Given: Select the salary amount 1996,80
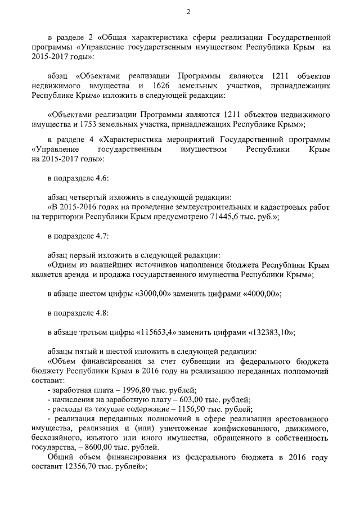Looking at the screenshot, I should pyautogui.click(x=133, y=390).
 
